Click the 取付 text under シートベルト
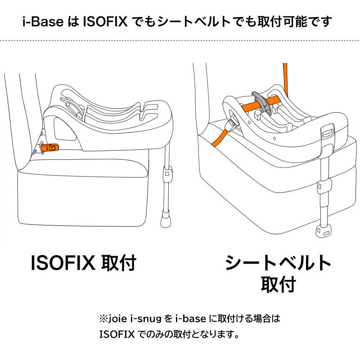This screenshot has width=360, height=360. point(278,284)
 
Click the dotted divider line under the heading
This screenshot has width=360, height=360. point(180,40)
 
